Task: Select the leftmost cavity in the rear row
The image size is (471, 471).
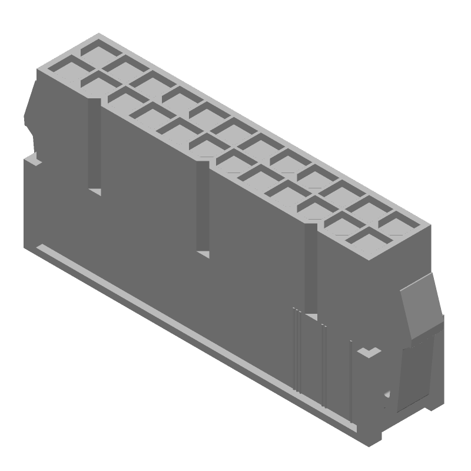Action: click(95, 48)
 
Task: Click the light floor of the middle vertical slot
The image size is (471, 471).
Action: click(203, 254)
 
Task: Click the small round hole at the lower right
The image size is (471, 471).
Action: click(387, 394)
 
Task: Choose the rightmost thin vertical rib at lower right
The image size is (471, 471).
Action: click(351, 383)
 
